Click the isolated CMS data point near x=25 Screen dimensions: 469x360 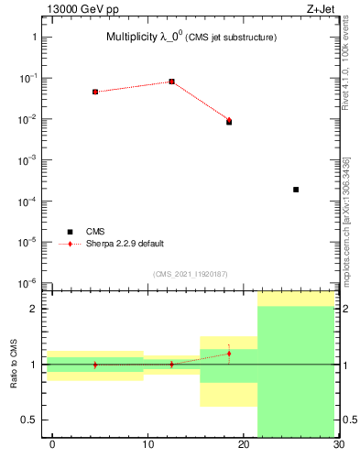[296, 190]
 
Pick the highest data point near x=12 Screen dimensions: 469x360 [172, 82]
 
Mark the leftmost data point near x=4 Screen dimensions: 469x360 [95, 92]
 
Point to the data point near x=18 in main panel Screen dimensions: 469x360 [229, 121]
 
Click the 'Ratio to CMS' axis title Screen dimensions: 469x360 [14, 365]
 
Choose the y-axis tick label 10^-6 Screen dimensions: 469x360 [29, 283]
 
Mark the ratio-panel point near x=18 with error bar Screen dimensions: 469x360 [229, 354]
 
